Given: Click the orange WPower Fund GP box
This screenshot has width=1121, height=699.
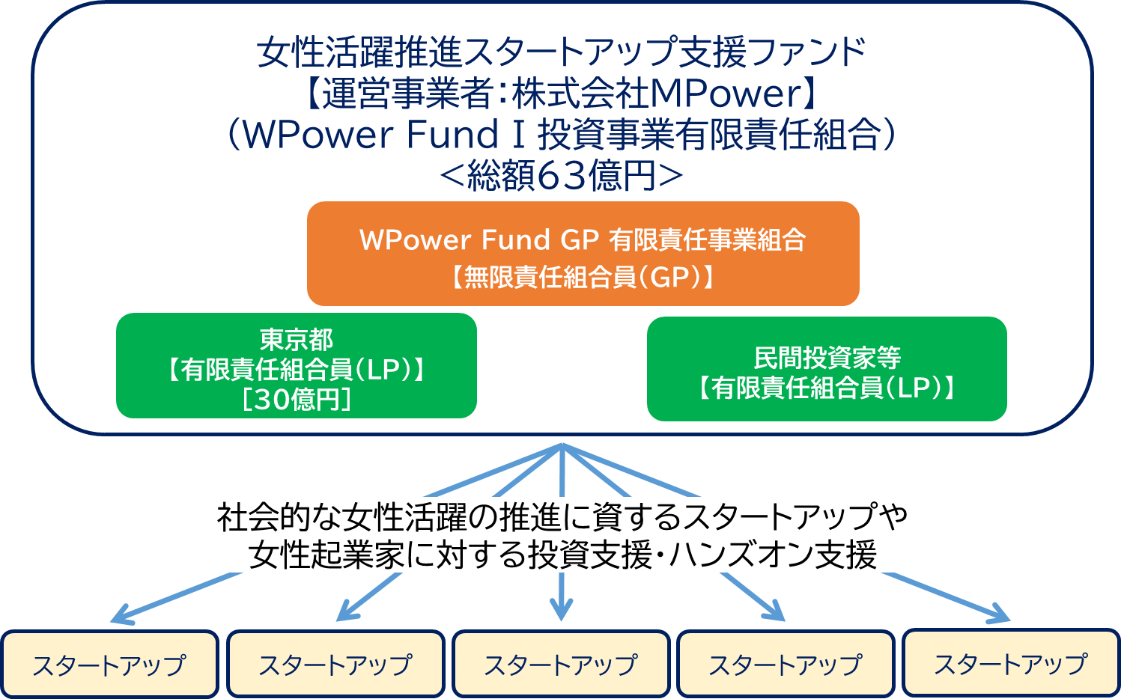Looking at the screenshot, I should tap(583, 253).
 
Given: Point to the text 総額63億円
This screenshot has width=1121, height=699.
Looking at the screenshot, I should tap(562, 176).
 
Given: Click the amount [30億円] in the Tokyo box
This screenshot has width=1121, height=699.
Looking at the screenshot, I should tap(297, 400).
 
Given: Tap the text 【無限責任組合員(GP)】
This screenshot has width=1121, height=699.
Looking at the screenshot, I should tap(582, 278).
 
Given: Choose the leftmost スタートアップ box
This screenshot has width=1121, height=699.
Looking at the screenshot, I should tap(109, 665).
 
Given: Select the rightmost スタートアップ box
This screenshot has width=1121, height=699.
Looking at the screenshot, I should tap(1011, 664).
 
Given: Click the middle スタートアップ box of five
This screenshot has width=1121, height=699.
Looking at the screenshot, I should tap(561, 664).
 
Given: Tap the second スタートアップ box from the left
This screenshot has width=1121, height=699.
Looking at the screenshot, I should tap(335, 664).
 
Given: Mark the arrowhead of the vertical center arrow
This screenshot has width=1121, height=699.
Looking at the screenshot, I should tap(561, 611).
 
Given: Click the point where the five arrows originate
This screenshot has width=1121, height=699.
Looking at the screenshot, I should tap(562, 445).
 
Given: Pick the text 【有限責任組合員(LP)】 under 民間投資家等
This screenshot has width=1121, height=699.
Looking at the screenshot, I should tap(827, 388).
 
